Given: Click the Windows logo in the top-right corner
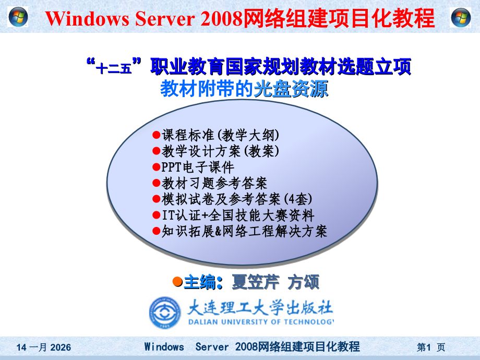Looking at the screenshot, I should tap(461, 18).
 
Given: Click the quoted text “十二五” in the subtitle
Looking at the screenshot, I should tap(114, 67).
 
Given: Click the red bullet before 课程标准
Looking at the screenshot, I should tap(155, 135).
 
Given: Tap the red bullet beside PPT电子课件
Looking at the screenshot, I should tap(155, 167).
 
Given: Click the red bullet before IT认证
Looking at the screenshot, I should tap(155, 214).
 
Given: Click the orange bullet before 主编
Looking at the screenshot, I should tap(177, 282).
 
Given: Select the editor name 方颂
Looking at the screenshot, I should tap(303, 282).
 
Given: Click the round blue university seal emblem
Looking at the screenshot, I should tap(165, 313).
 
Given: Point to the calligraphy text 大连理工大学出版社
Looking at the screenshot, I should tap(260, 307).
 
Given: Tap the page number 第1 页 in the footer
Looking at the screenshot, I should tap(430, 347).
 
